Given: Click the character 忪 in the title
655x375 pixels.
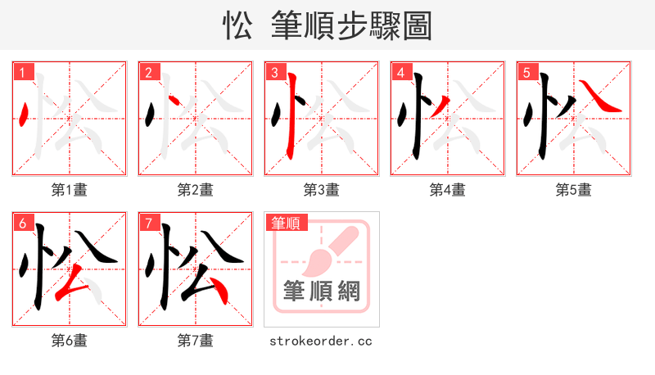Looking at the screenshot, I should (x=237, y=25).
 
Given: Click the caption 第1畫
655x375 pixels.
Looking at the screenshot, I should (x=70, y=190).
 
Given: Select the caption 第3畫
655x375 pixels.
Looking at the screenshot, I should (x=321, y=190).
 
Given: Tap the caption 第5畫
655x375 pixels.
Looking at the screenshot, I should (x=573, y=190).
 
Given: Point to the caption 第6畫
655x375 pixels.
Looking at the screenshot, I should (x=70, y=340).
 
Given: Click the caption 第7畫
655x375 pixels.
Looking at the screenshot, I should (x=195, y=340).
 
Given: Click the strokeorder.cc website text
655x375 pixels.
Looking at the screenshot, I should (x=321, y=340).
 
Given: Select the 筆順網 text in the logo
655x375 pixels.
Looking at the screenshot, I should (x=321, y=291).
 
